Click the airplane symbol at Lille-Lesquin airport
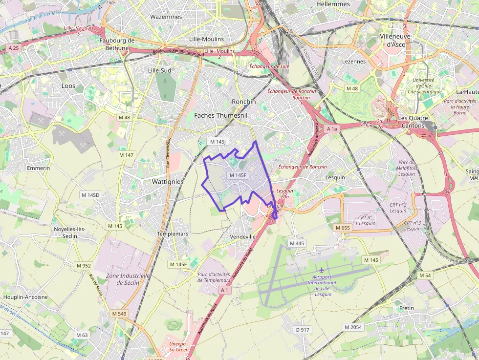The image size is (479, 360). click(321, 270)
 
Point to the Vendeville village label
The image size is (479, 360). click(243, 236)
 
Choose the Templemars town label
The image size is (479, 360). click(173, 234)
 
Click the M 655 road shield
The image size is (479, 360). click(343, 228)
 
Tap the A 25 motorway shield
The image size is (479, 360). click(13, 48)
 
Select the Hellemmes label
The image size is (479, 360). click(333, 4)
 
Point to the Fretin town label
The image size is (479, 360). click(406, 308)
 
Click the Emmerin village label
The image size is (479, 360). click(39, 168)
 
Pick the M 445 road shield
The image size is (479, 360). click(297, 243)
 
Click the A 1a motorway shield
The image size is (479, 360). click(332, 128)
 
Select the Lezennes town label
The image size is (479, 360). click(354, 62)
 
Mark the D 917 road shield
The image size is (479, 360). click(303, 330)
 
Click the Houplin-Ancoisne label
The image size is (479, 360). click(25, 297)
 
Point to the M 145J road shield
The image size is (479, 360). click(218, 142)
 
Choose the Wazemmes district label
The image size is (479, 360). click(166, 17)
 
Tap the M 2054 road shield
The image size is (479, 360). click(353, 327)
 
